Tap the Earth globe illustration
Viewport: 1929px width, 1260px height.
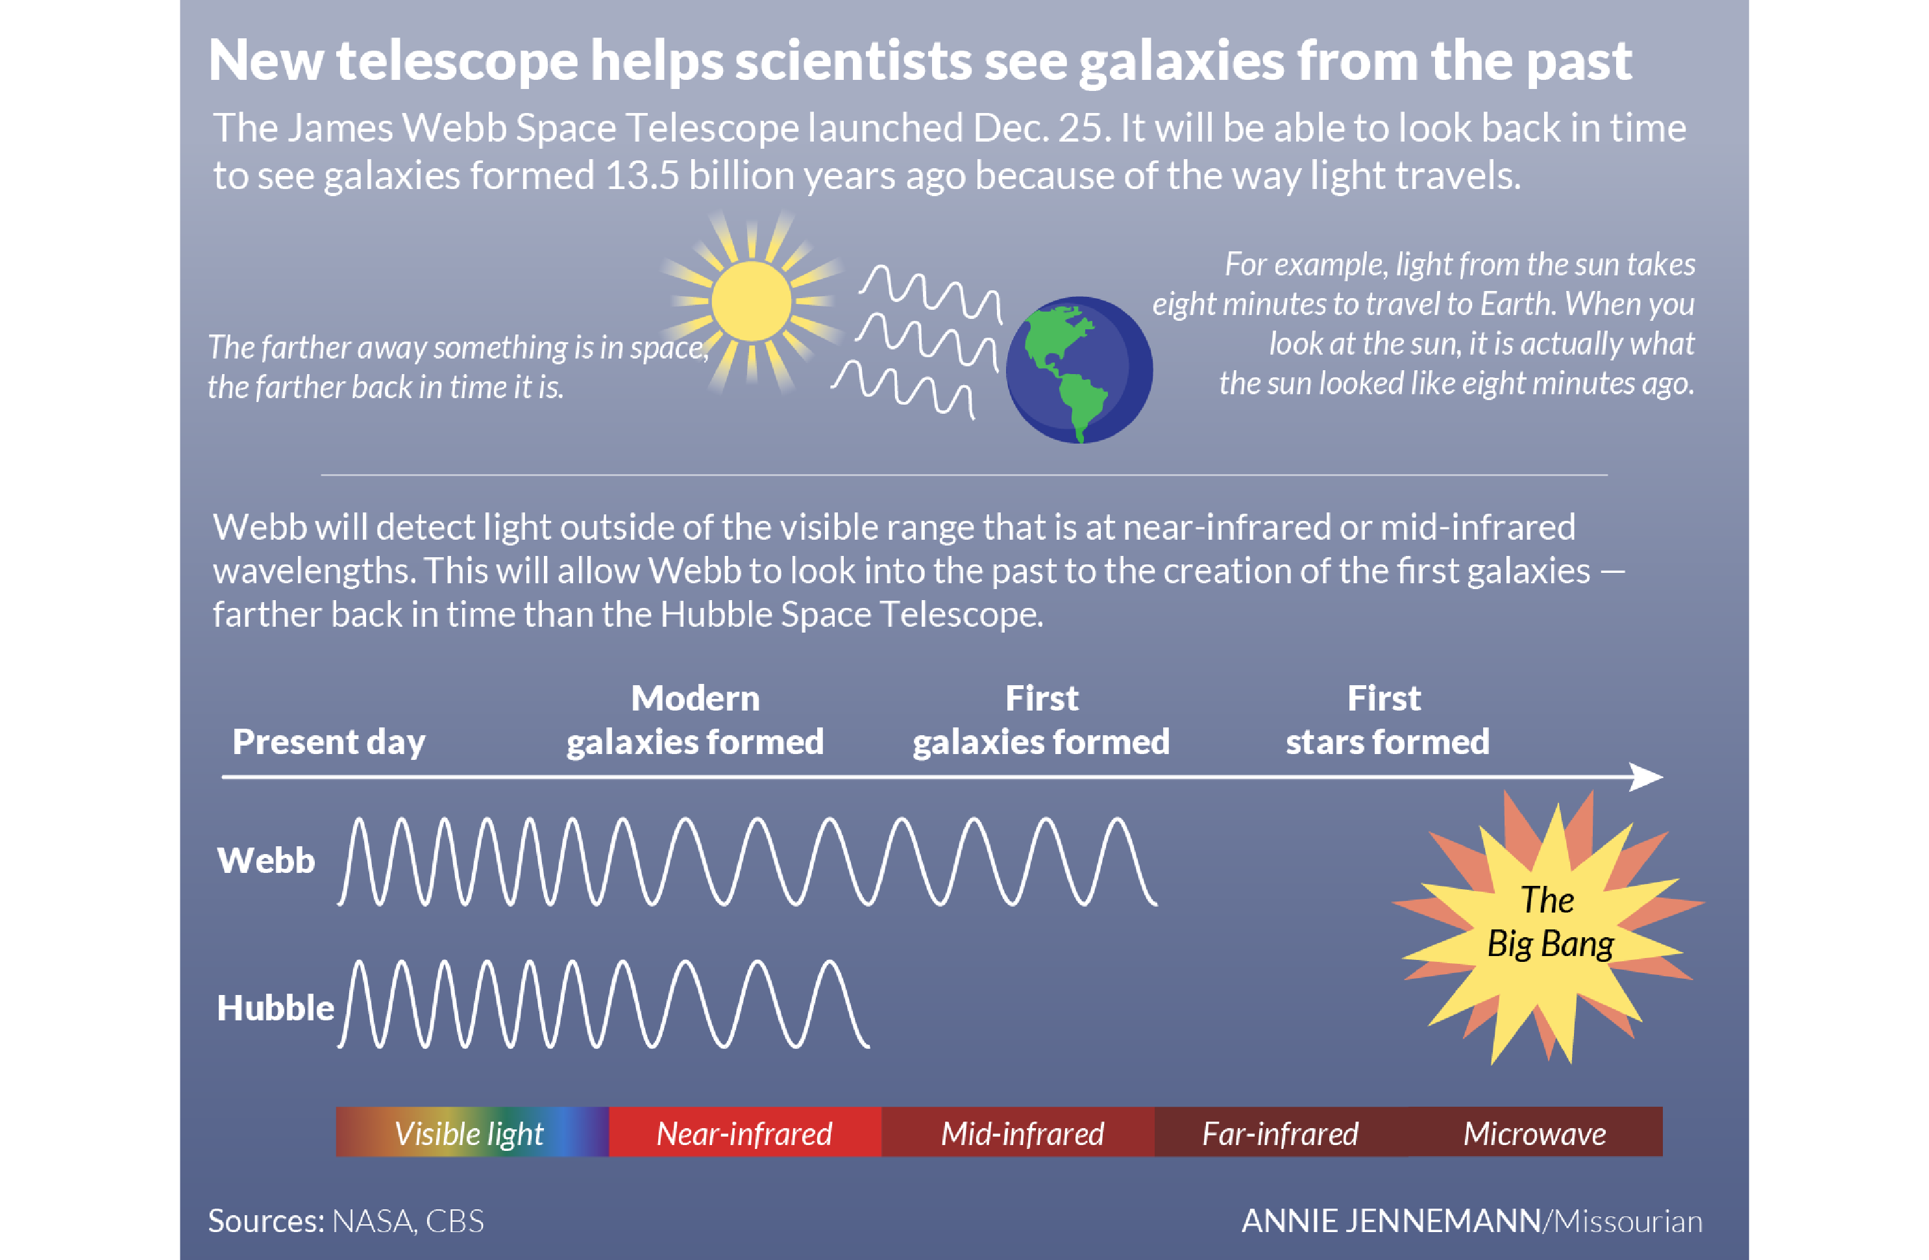1078,370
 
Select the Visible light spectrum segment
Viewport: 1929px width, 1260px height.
470,1133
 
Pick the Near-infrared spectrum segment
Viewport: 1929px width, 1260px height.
744,1133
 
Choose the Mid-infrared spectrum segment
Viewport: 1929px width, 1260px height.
1021,1133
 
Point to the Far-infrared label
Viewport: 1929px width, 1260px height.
1280,1133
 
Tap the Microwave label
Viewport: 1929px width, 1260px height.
1534,1133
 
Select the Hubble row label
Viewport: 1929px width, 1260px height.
275,1008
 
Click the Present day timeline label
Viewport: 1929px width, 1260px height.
328,742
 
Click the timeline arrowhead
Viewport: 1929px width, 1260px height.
1647,777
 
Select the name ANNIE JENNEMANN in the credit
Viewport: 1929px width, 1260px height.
1391,1221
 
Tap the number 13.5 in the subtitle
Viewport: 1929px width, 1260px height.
641,176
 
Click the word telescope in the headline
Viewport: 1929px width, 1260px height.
457,61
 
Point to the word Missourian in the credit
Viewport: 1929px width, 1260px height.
1627,1221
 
